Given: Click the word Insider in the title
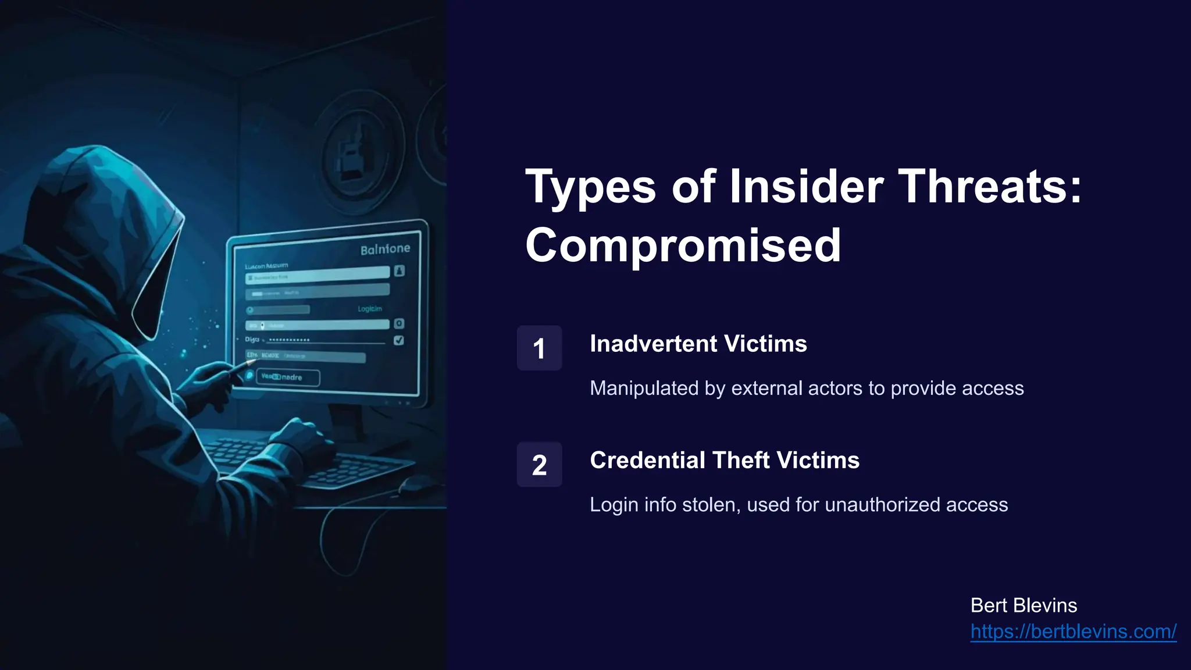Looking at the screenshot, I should coord(806,187).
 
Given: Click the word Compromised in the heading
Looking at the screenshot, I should coord(683,245).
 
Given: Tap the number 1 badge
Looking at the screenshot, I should coord(539,348).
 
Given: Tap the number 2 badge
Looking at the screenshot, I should coord(539,465).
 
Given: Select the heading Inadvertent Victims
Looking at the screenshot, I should coord(698,344).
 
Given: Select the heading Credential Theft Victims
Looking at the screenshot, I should coord(724,460).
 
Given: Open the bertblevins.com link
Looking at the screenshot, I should coord(1073,632).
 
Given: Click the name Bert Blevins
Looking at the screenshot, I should coord(1024,605).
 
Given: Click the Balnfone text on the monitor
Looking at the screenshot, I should coord(385,250).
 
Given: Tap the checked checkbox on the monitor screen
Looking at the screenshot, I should coord(399,340).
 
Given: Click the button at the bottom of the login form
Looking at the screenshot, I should coord(288,377).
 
